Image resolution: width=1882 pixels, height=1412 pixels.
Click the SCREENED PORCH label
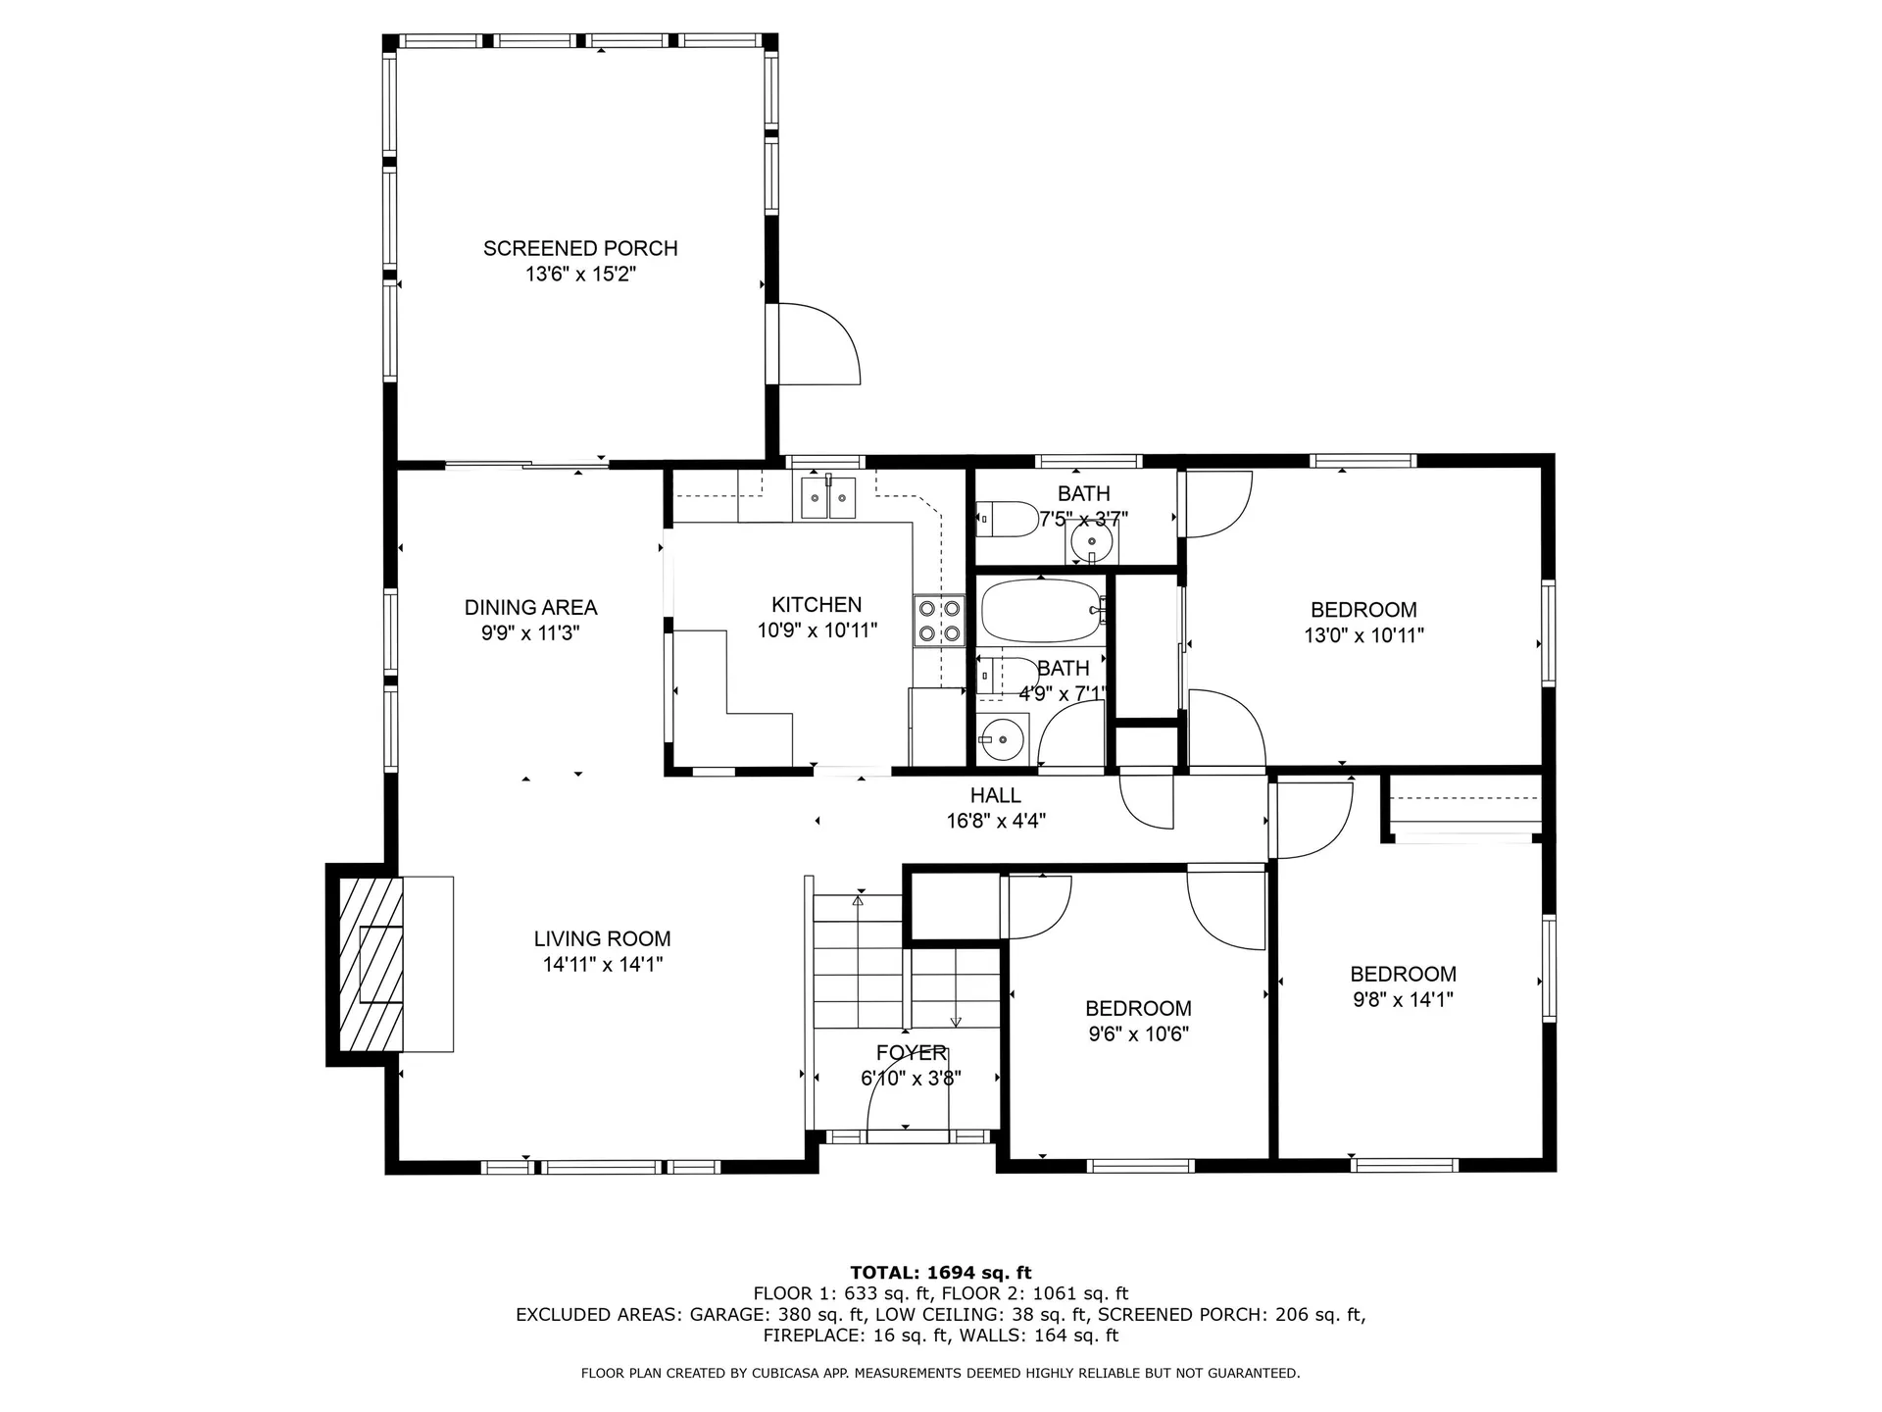tap(580, 248)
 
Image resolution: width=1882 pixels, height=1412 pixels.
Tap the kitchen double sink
tap(828, 497)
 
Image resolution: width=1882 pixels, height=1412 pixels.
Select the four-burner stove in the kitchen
tap(938, 621)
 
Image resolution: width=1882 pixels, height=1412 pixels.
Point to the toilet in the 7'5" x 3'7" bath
tap(1007, 519)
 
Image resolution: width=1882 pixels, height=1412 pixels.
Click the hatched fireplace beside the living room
tap(371, 964)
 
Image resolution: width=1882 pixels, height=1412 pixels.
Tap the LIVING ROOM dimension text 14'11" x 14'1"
tap(602, 965)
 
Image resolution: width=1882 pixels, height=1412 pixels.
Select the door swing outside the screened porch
tap(818, 343)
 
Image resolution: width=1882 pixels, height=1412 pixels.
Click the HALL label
tap(995, 795)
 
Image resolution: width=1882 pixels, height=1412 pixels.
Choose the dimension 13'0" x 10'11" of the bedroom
tap(1362, 635)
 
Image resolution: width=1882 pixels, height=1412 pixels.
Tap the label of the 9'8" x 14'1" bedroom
tap(1403, 974)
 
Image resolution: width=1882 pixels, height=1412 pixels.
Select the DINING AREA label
tap(530, 607)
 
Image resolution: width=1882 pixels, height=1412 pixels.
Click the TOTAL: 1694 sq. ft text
tap(940, 1273)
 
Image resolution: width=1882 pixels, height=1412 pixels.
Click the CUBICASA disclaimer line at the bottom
tap(940, 1373)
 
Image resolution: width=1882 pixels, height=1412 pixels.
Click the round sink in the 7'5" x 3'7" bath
tap(1090, 542)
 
